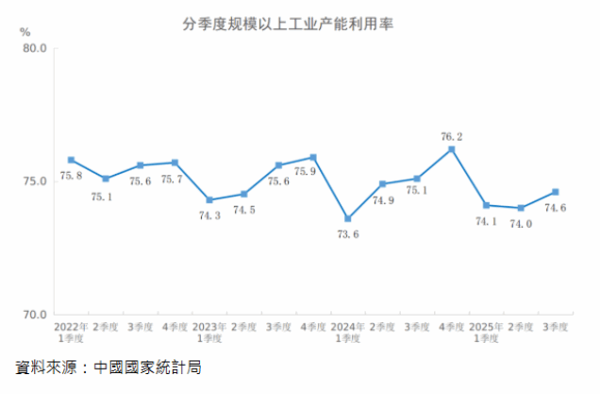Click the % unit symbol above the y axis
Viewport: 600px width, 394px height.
[25, 31]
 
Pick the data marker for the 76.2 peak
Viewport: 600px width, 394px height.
[452, 148]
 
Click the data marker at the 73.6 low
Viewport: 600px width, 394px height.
[348, 218]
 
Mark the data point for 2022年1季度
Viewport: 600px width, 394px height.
[72, 160]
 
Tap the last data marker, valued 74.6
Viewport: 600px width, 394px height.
[556, 192]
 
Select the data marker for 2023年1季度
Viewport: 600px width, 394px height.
[209, 199]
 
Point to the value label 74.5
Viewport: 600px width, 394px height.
[244, 210]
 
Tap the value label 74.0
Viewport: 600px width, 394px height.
[521, 224]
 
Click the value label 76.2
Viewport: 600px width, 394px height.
[452, 136]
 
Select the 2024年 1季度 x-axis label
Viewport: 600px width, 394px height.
[348, 332]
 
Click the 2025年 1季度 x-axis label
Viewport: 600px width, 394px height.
[486, 332]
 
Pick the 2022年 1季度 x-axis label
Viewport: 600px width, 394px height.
[72, 332]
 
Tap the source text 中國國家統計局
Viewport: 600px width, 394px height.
[148, 367]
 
